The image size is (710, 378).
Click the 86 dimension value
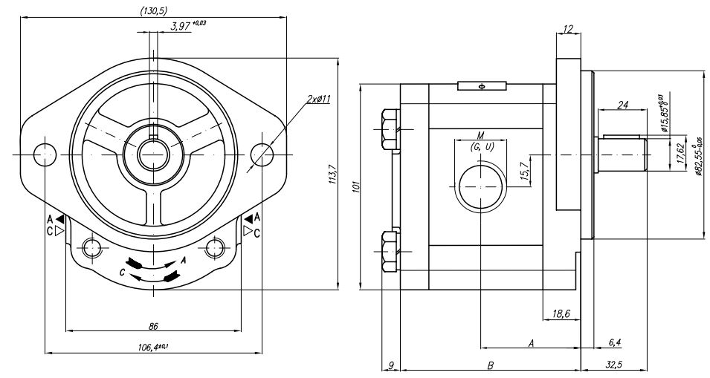coord(154,325)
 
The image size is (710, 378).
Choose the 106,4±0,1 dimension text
coord(154,347)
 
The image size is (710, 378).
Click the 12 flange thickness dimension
coord(569,29)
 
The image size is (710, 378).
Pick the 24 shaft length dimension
coord(623,106)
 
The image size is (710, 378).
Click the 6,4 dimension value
coord(615,342)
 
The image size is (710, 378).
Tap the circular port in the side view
coord(481,188)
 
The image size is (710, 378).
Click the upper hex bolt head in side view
coord(388,128)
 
